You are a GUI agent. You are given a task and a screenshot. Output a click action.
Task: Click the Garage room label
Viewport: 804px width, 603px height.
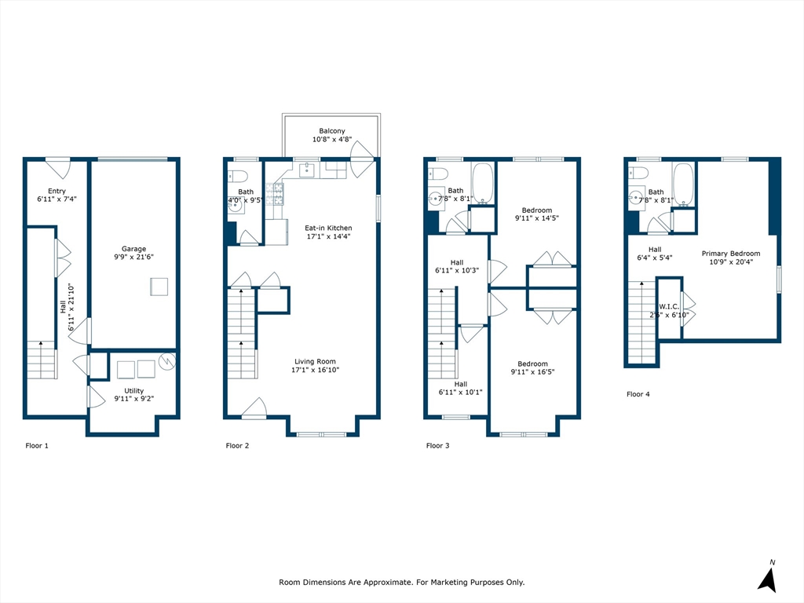point(133,249)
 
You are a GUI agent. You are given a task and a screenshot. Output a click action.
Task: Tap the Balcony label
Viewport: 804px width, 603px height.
point(332,131)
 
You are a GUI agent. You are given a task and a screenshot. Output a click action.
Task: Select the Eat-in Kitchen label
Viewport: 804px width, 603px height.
point(328,228)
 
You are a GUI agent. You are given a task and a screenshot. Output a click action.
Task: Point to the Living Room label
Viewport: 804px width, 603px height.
point(315,361)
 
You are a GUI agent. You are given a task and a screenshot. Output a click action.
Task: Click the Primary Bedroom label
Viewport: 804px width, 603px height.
point(731,254)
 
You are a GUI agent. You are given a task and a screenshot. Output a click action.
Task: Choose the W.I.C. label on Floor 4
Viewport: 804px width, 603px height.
point(669,307)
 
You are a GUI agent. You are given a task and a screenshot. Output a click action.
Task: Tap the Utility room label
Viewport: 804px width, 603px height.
point(133,391)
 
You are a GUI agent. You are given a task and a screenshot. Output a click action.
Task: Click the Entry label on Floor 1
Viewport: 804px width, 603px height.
point(57,191)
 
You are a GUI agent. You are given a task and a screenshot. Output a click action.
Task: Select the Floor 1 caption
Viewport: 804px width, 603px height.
point(37,446)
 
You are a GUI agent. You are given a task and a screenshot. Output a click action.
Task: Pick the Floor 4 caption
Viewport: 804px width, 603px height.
point(638,394)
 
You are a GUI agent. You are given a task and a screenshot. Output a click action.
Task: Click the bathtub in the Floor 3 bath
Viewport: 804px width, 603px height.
point(482,184)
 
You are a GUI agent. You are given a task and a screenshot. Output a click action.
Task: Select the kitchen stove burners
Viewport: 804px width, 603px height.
point(274,194)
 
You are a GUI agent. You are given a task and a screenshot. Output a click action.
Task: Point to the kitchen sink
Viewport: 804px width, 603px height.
point(307,170)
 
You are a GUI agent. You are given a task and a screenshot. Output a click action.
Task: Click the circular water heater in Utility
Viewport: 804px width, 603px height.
point(167,361)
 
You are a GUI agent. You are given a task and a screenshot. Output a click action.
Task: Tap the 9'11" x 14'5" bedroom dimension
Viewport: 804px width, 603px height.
point(537,218)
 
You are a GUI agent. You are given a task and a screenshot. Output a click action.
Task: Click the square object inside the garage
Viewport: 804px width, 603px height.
point(159,287)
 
